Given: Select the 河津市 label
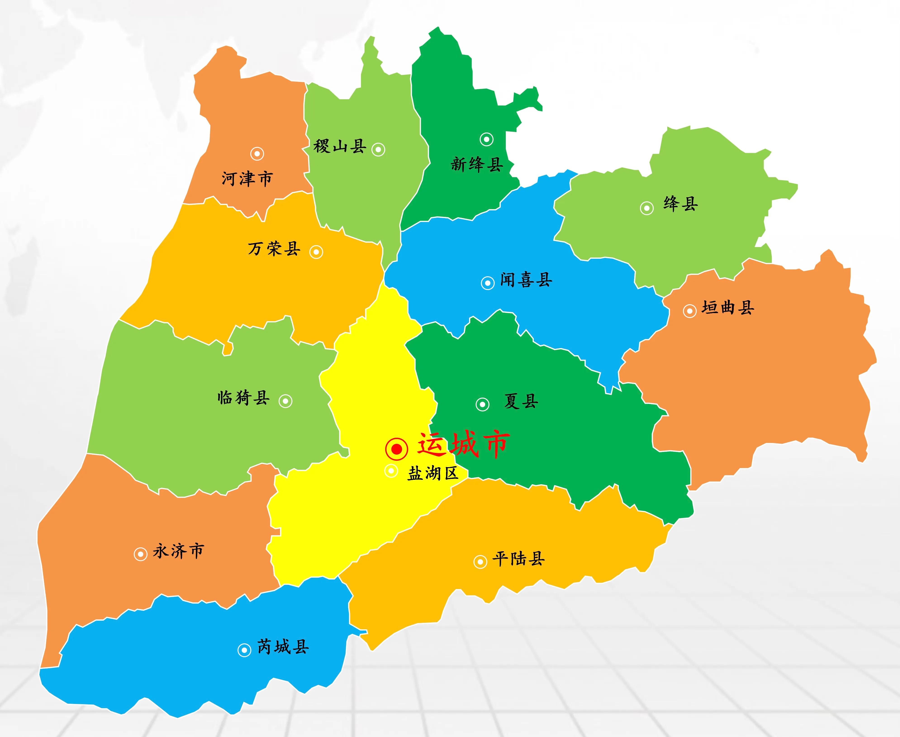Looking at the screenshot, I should pyautogui.click(x=247, y=179).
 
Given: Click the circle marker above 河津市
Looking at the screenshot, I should pyautogui.click(x=257, y=154).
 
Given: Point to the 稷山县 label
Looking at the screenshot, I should pyautogui.click(x=340, y=146).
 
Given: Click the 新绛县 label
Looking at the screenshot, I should pyautogui.click(x=477, y=164).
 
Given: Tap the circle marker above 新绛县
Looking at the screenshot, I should pyautogui.click(x=487, y=139).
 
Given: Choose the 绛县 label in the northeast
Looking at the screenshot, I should pyautogui.click(x=681, y=204).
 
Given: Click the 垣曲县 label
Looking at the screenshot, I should pyautogui.click(x=728, y=308).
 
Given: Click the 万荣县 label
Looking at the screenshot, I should pyautogui.click(x=274, y=249).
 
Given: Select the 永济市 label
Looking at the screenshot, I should pyautogui.click(x=178, y=551).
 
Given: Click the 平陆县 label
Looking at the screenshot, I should pyautogui.click(x=518, y=559).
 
